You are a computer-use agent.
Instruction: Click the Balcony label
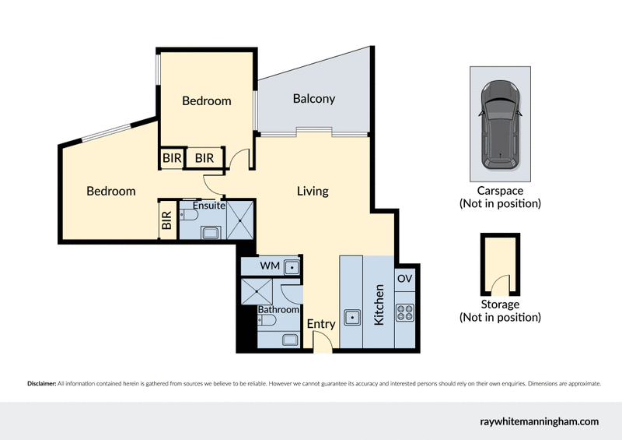314,99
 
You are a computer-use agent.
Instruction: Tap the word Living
313,191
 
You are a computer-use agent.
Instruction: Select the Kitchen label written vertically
380,304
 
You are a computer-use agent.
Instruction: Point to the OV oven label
404,278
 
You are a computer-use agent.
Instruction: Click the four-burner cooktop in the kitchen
404,312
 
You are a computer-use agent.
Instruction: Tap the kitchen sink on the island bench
352,317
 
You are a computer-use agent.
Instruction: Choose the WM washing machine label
269,266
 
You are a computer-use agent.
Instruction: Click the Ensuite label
209,206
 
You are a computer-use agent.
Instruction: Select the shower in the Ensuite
239,220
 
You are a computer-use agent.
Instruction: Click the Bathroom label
278,310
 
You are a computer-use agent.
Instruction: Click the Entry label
320,324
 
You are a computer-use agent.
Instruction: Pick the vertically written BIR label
166,220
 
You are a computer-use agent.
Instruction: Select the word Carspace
500,191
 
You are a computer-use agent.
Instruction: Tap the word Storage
500,304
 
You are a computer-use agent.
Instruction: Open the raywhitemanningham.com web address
539,421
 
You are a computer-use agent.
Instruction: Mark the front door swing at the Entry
321,341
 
